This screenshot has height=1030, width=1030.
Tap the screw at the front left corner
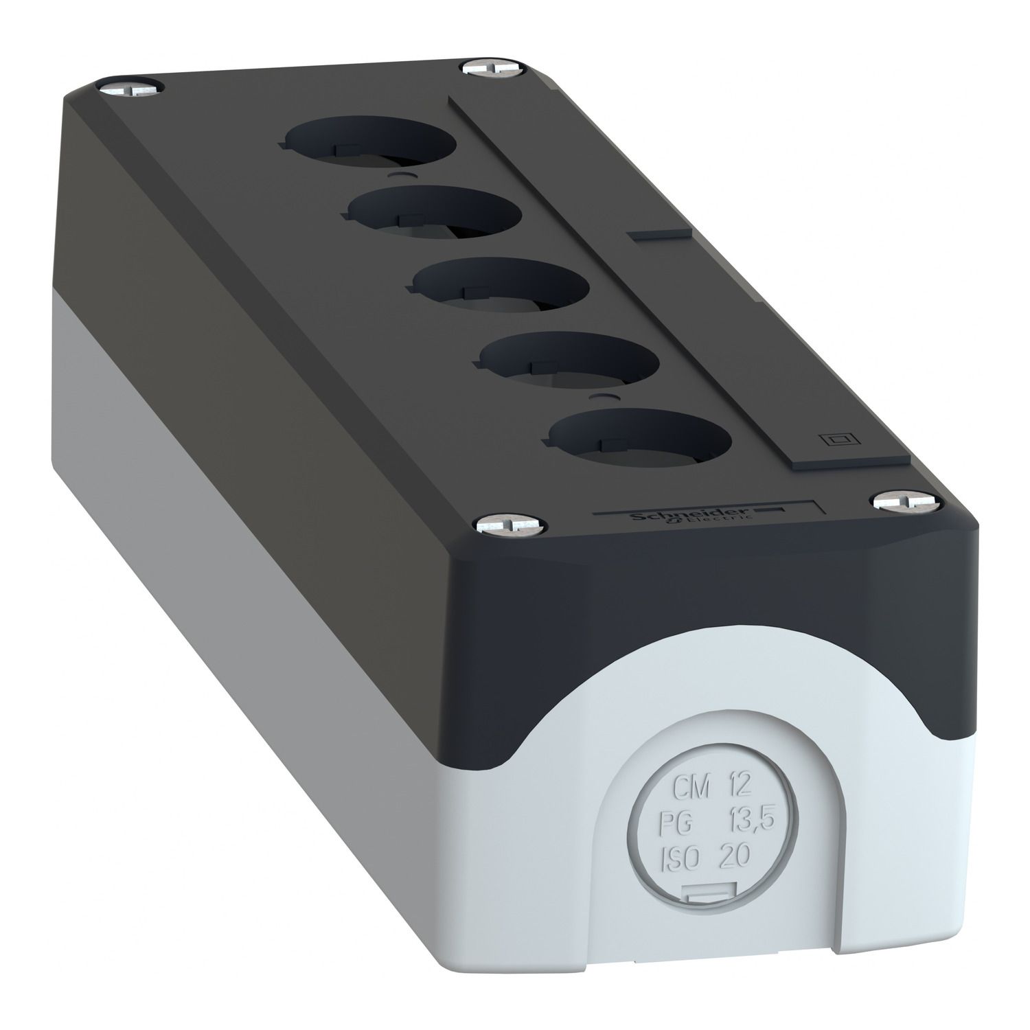point(510,525)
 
